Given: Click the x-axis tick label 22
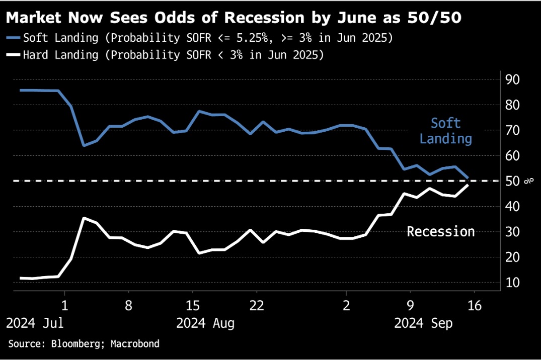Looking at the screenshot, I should tap(257, 306).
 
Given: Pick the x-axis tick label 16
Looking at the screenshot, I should tap(475, 306).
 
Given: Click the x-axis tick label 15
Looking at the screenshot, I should tap(192, 306).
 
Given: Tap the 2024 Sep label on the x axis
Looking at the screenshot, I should tap(423, 323).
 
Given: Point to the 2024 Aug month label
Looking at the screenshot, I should tap(205, 323).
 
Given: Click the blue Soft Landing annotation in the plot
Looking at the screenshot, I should tap(446, 131).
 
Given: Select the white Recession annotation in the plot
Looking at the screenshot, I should tap(441, 232).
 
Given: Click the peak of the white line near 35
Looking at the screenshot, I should tap(84, 218).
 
